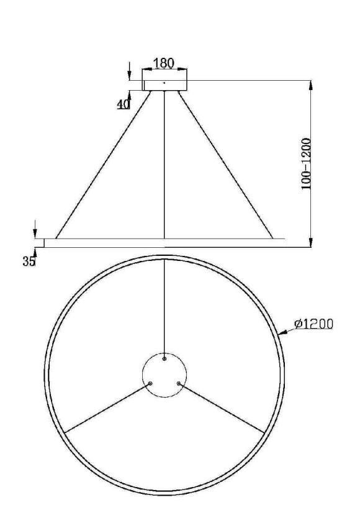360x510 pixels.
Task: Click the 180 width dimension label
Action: (x=164, y=63)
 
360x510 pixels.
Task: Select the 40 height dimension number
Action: (x=123, y=104)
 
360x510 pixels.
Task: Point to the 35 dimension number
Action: (x=29, y=262)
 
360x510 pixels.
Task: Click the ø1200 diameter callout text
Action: (x=314, y=323)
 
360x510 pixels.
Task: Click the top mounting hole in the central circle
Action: (x=164, y=359)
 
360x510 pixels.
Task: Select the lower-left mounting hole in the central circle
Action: (x=150, y=384)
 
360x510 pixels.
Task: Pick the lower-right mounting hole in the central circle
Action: (x=179, y=384)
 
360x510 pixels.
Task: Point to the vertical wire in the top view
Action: (x=164, y=304)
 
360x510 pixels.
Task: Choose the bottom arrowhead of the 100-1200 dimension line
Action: (x=310, y=243)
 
